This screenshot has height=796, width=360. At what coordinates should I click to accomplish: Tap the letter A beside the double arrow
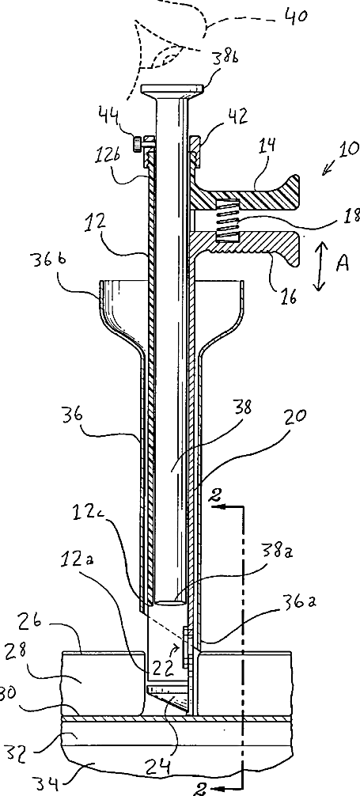[343, 263]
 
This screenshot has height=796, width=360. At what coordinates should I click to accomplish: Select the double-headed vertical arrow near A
[319, 267]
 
